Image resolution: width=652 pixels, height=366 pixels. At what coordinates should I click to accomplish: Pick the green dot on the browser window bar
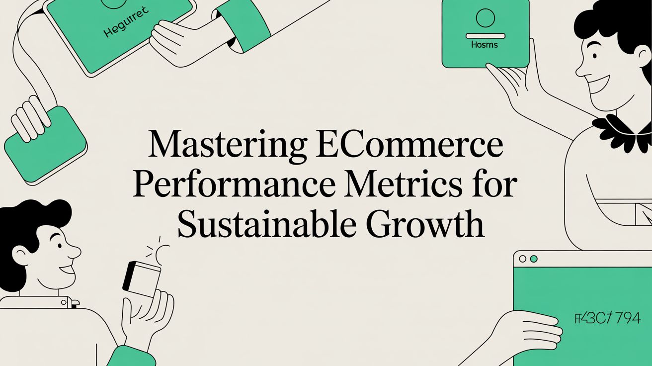click(534, 259)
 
